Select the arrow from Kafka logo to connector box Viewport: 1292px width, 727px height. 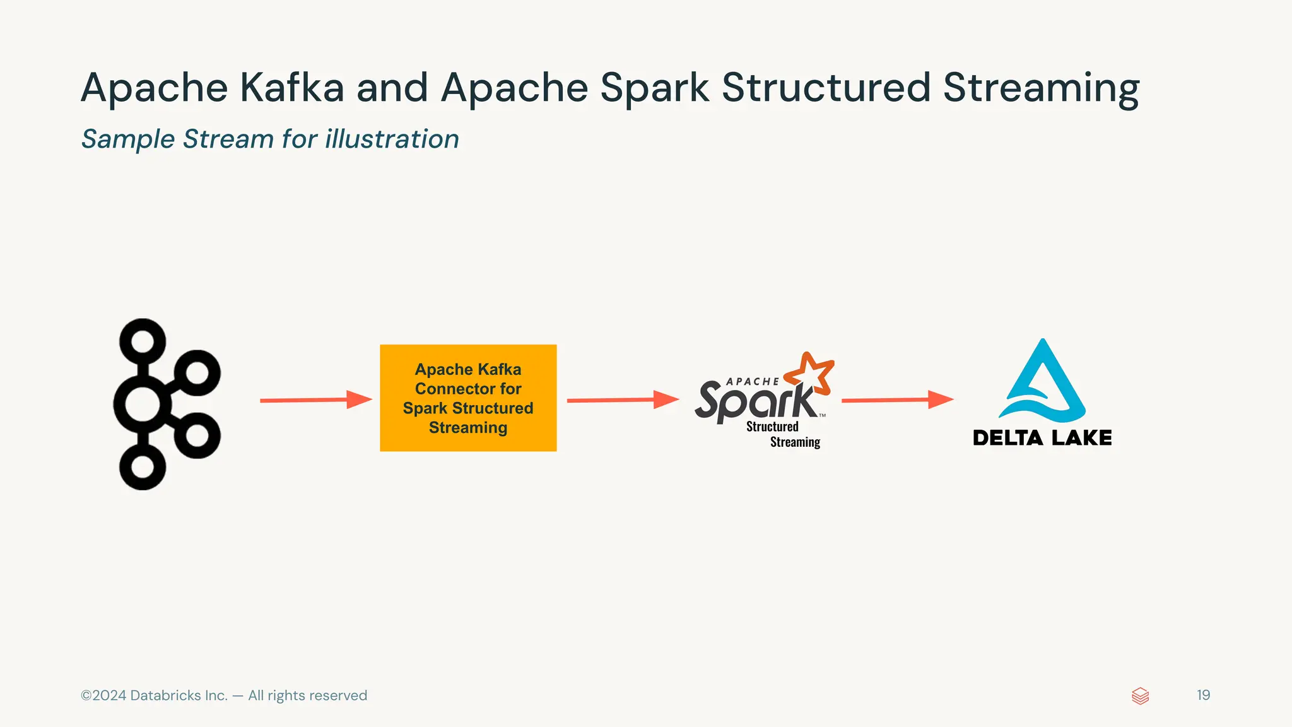(x=315, y=400)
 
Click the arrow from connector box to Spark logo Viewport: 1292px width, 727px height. (x=622, y=400)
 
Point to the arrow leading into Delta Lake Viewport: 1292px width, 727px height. (x=896, y=399)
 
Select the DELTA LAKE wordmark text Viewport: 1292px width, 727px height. (x=1042, y=438)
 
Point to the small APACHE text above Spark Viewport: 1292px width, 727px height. (x=752, y=382)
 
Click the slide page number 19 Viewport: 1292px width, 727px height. (x=1203, y=695)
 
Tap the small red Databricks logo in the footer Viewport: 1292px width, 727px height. (x=1140, y=695)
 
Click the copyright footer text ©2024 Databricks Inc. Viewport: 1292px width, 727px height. (x=224, y=695)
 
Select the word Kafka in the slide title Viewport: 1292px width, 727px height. (x=292, y=88)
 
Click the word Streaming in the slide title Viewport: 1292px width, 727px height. (x=1041, y=88)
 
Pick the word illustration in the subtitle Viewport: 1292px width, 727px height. (x=392, y=139)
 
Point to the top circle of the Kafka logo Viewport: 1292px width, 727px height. (x=143, y=341)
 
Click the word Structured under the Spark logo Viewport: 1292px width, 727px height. (x=772, y=427)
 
